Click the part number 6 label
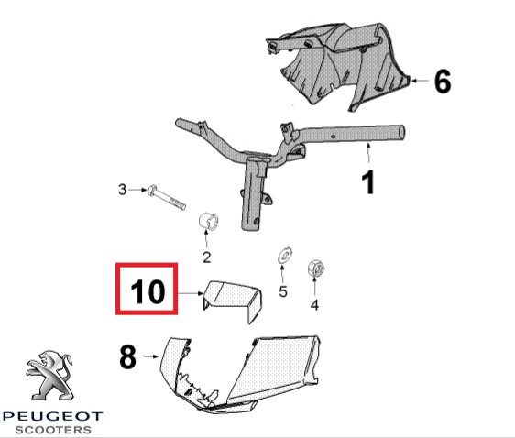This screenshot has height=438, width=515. pos(443,82)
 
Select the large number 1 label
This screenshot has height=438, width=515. pos(368,182)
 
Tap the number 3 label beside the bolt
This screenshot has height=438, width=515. pos(122,190)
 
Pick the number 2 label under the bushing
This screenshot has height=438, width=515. pos(206,257)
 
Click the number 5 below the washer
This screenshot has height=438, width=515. pos(283,291)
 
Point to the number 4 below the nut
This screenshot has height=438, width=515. pos(314,305)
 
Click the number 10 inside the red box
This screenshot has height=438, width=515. pos(148,291)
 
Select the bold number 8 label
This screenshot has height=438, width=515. pos(127,356)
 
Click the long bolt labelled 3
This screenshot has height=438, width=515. pos(167,197)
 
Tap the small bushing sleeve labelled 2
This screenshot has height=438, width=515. pos(209,222)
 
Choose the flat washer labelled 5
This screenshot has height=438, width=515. pos(285,255)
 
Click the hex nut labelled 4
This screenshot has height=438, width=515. pos(316,268)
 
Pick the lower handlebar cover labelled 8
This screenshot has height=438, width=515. pos(240,374)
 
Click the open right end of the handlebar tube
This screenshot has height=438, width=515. pos(401,133)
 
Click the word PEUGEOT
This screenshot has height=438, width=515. pos(52,416)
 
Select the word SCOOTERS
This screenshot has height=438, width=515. pos(53,430)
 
